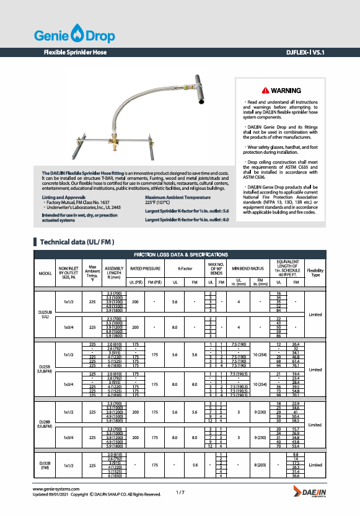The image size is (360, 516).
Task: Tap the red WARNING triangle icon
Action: pyautogui.click(x=265, y=91)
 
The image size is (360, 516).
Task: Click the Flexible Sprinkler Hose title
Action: pyautogui.click(x=75, y=53)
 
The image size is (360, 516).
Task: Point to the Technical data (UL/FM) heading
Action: pyautogui.click(x=77, y=241)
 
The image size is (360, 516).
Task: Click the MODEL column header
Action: pyautogui.click(x=45, y=273)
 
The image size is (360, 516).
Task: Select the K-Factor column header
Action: pyautogui.click(x=185, y=269)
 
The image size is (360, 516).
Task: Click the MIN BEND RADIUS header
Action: pyautogui.click(x=248, y=269)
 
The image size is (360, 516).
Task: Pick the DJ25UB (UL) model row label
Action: pyautogui.click(x=45, y=314)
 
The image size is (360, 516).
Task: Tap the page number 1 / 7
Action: pyautogui.click(x=180, y=492)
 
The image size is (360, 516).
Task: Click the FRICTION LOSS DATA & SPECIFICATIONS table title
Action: pyautogui.click(x=180, y=255)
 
